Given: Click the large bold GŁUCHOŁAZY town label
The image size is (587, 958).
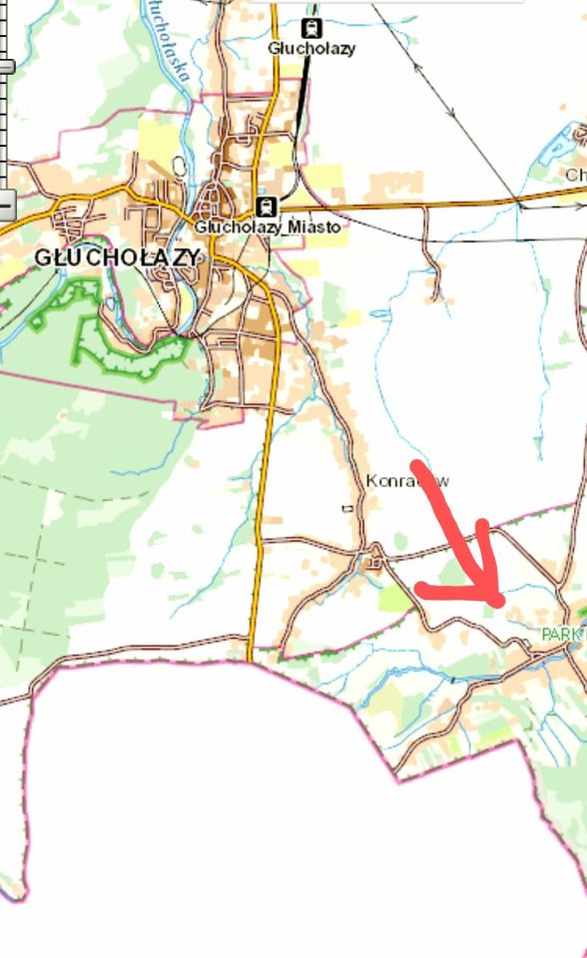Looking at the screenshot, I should (117, 257).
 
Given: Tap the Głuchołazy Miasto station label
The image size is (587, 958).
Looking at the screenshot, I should (267, 228).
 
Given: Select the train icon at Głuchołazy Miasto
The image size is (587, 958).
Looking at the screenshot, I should (266, 207).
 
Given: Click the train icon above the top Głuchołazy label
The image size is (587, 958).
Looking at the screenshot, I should (310, 28).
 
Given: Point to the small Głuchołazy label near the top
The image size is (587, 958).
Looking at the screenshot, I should (310, 48).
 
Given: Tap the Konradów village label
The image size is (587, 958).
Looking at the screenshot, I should (407, 481).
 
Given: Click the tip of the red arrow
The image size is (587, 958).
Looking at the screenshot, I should (498, 601).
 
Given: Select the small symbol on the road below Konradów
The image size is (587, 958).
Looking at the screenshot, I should (347, 509).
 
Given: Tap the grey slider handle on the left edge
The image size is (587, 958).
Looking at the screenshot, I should (6, 67).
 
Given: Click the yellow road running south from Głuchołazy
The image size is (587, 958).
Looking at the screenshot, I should (262, 499).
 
